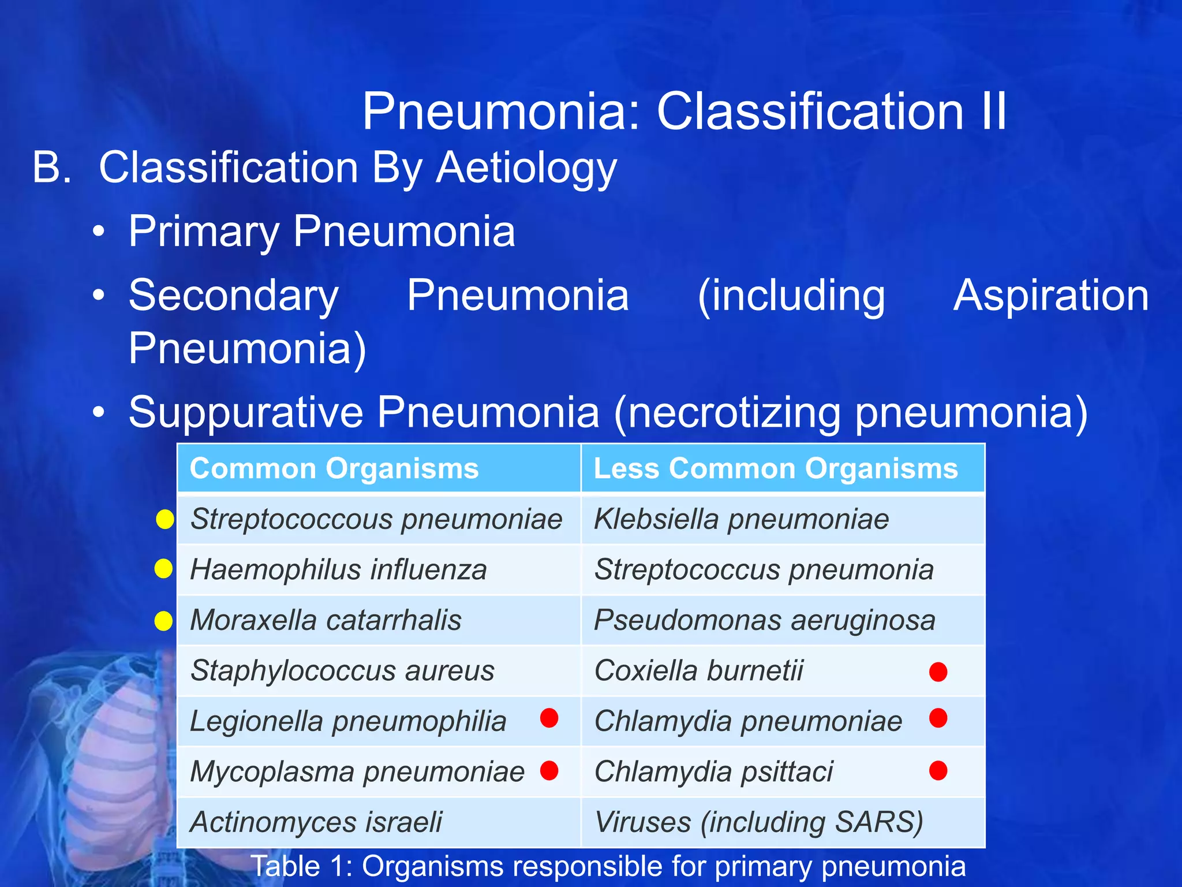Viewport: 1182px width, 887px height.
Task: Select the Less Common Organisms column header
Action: [x=775, y=468]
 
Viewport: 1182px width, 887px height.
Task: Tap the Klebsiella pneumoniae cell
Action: [x=741, y=519]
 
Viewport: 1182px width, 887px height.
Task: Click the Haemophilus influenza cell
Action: [x=338, y=569]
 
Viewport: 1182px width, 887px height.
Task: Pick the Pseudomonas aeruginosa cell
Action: [x=764, y=620]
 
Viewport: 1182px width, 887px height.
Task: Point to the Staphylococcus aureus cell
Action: [x=342, y=670]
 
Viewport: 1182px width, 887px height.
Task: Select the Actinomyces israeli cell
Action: [x=316, y=822]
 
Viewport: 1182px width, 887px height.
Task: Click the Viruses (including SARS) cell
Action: [x=758, y=822]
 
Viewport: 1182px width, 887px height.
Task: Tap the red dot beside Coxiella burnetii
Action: [x=938, y=672]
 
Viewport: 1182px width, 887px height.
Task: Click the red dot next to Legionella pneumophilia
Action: [x=549, y=718]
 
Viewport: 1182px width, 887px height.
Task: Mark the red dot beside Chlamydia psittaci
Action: [x=938, y=770]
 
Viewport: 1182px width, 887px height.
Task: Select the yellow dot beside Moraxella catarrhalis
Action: [x=164, y=621]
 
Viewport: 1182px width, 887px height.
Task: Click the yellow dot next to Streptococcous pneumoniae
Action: [x=165, y=519]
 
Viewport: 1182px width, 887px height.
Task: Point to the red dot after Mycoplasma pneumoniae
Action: [x=549, y=770]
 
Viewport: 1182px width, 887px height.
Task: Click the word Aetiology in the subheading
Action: [x=526, y=168]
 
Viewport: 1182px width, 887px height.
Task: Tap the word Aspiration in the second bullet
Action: [x=1050, y=296]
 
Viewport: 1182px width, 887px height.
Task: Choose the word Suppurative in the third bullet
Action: [x=246, y=412]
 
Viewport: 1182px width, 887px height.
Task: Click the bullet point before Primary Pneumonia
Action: [x=99, y=232]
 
